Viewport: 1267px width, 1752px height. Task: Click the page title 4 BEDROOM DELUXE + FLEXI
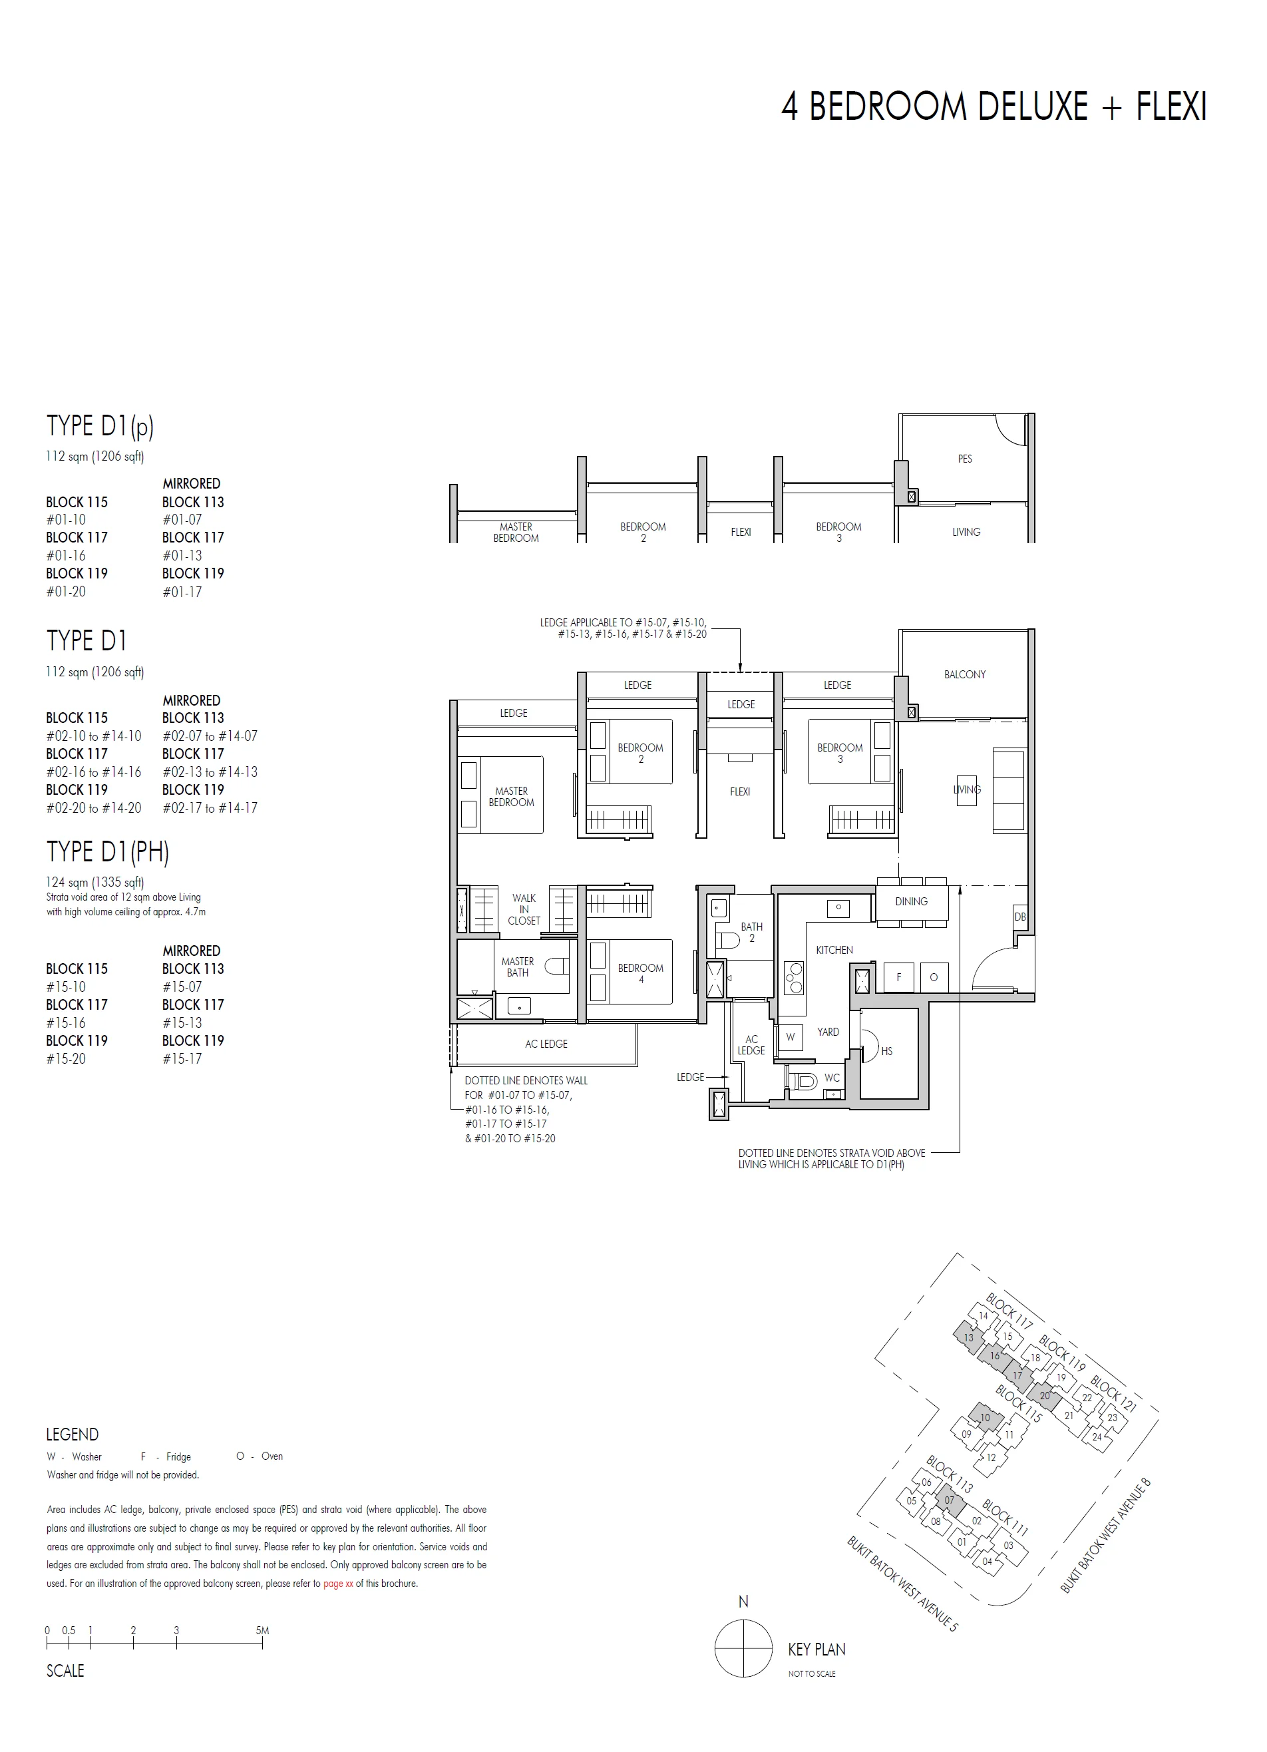[x=994, y=107]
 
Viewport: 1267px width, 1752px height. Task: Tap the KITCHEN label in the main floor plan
[x=834, y=950]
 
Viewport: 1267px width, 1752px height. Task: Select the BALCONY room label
[x=964, y=674]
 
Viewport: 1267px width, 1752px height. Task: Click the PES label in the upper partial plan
[x=964, y=459]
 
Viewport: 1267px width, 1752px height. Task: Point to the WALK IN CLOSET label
[x=524, y=909]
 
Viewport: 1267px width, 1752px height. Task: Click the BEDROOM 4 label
[x=640, y=973]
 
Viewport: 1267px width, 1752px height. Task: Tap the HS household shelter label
[x=886, y=1051]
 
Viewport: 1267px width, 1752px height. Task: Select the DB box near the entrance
[x=1020, y=917]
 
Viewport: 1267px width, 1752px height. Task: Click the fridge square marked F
[x=899, y=977]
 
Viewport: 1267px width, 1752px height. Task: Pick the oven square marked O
[x=934, y=977]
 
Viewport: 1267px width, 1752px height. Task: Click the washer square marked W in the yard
[x=790, y=1038]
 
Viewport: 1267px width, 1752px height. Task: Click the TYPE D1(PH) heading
[x=107, y=851]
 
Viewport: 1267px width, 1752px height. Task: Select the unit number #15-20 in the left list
[x=66, y=1059]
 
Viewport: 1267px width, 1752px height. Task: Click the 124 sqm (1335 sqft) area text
[x=94, y=882]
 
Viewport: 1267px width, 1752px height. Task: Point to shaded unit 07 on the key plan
[x=949, y=1500]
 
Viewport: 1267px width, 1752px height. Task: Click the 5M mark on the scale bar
[x=262, y=1631]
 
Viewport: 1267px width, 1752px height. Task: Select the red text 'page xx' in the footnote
[x=338, y=1583]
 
